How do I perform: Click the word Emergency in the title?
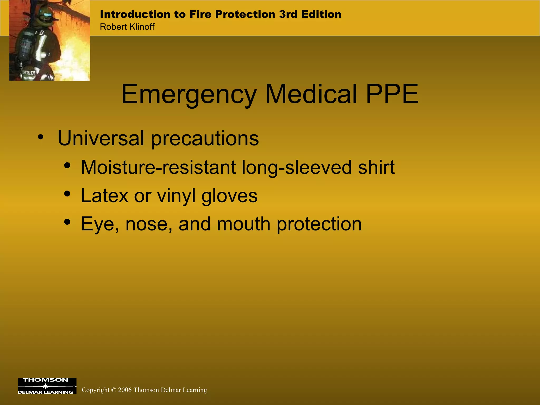(189, 94)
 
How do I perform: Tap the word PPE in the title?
(392, 94)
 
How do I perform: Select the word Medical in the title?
(311, 94)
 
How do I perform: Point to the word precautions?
(205, 139)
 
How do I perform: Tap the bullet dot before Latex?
(67, 194)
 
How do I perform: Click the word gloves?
(229, 196)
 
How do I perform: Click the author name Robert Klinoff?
(127, 27)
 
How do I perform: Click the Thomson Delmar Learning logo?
(47, 386)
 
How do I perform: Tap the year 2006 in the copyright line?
(125, 390)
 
